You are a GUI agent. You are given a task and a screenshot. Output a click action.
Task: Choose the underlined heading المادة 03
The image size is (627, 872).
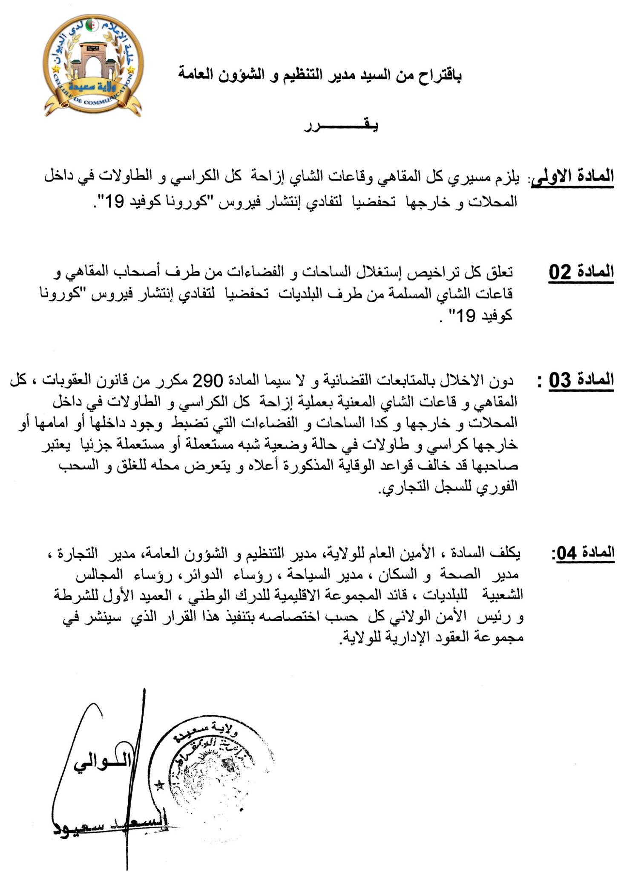(x=581, y=380)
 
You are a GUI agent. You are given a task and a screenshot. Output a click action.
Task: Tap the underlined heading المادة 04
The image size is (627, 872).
(x=584, y=553)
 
